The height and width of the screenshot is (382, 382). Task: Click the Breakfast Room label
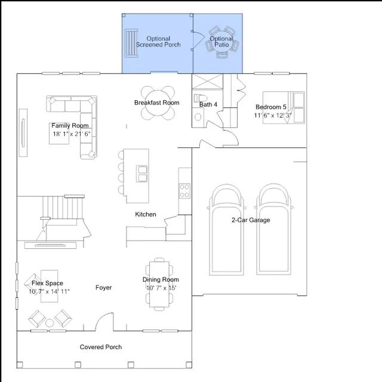click(156, 103)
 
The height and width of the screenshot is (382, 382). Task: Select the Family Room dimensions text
click(72, 134)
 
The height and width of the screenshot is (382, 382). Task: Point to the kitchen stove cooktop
click(184, 191)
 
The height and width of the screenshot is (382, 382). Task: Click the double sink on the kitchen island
click(141, 174)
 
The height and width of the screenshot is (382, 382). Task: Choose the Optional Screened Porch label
click(158, 42)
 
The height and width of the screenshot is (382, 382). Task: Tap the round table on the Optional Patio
click(221, 41)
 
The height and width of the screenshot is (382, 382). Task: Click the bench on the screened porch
click(131, 43)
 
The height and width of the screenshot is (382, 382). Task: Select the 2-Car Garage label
click(251, 220)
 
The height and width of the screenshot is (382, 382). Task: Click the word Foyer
click(103, 288)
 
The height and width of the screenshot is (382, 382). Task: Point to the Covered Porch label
click(101, 347)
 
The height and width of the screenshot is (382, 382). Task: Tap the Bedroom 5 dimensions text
click(273, 115)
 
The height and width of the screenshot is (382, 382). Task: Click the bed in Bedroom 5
click(284, 107)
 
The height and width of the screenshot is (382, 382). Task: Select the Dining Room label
click(161, 279)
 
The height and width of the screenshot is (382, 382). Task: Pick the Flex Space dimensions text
click(49, 291)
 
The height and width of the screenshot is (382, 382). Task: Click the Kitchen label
click(146, 214)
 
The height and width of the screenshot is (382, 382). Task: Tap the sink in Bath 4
click(198, 117)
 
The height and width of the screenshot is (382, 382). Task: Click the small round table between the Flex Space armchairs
click(50, 323)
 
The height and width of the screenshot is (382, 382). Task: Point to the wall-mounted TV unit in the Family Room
click(23, 133)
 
